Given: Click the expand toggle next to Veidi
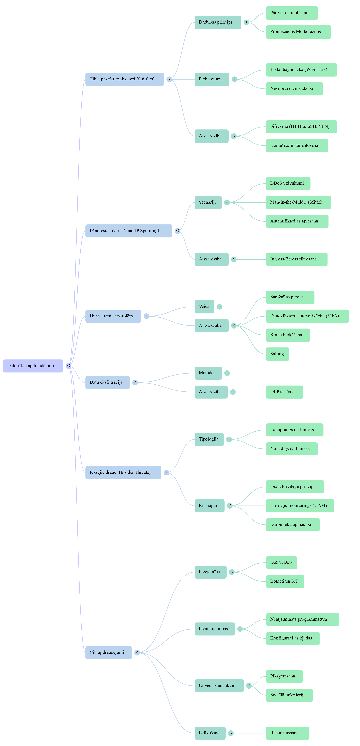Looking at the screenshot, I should tap(219, 306).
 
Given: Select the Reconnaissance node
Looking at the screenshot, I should tap(287, 733).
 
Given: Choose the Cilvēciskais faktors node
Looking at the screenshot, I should tap(219, 685).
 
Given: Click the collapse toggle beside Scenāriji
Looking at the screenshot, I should tap(227, 202).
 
